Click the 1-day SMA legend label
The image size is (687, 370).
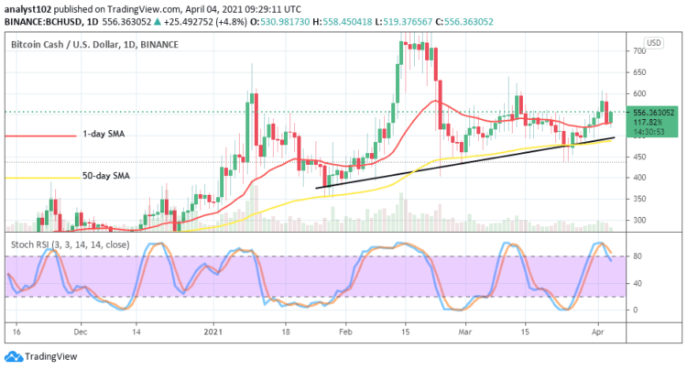[104, 134]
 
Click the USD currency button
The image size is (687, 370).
[654, 43]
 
